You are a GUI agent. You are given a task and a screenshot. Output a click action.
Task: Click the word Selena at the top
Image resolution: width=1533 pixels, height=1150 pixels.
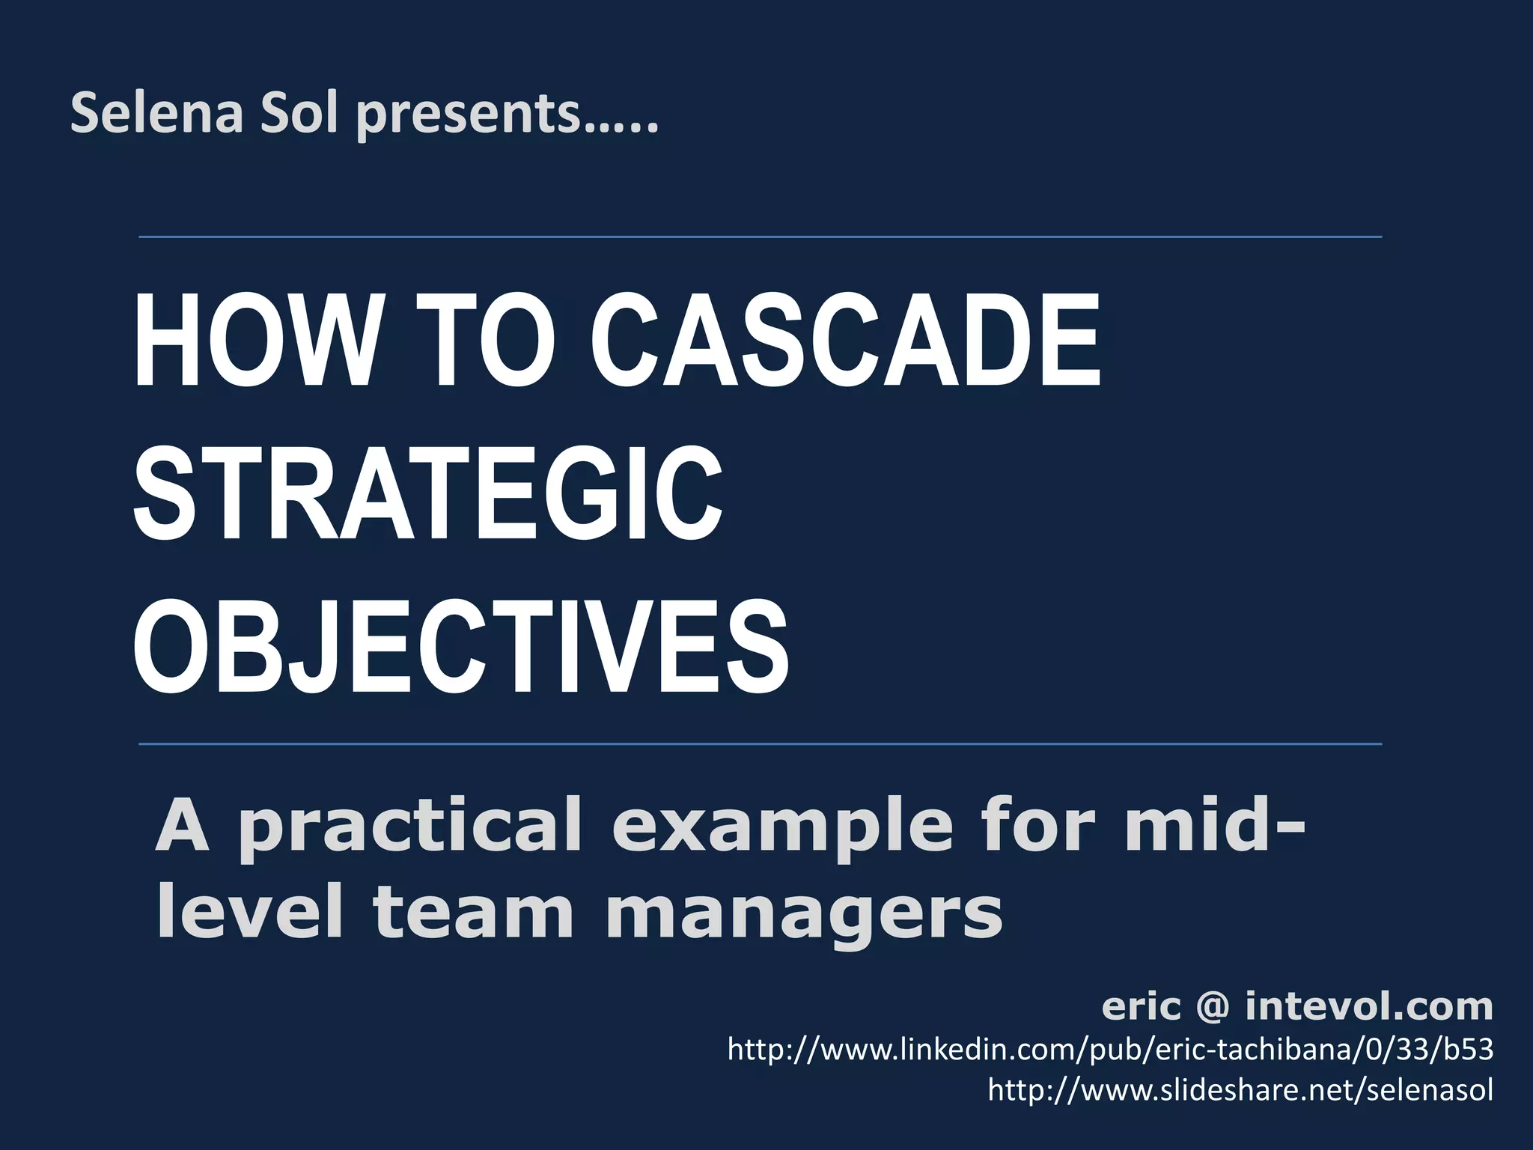click(156, 114)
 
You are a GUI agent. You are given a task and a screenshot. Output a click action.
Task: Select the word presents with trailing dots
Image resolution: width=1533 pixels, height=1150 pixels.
click(507, 116)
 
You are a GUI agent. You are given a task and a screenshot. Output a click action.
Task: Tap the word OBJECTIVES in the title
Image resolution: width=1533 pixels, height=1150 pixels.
click(461, 648)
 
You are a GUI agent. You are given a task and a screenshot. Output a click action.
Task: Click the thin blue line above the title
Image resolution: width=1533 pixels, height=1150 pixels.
click(760, 237)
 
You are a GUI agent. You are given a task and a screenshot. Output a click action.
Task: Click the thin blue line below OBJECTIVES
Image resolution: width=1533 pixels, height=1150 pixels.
click(760, 744)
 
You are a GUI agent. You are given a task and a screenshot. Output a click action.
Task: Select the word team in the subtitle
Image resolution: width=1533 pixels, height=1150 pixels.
click(472, 913)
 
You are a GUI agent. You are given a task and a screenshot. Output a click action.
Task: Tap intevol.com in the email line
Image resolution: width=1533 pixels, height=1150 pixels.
click(1369, 1006)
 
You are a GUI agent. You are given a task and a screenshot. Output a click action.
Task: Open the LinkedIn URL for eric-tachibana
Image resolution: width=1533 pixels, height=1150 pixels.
click(1110, 1050)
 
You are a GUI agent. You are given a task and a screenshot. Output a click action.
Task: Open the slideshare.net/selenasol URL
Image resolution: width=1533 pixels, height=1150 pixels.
click(1240, 1089)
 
